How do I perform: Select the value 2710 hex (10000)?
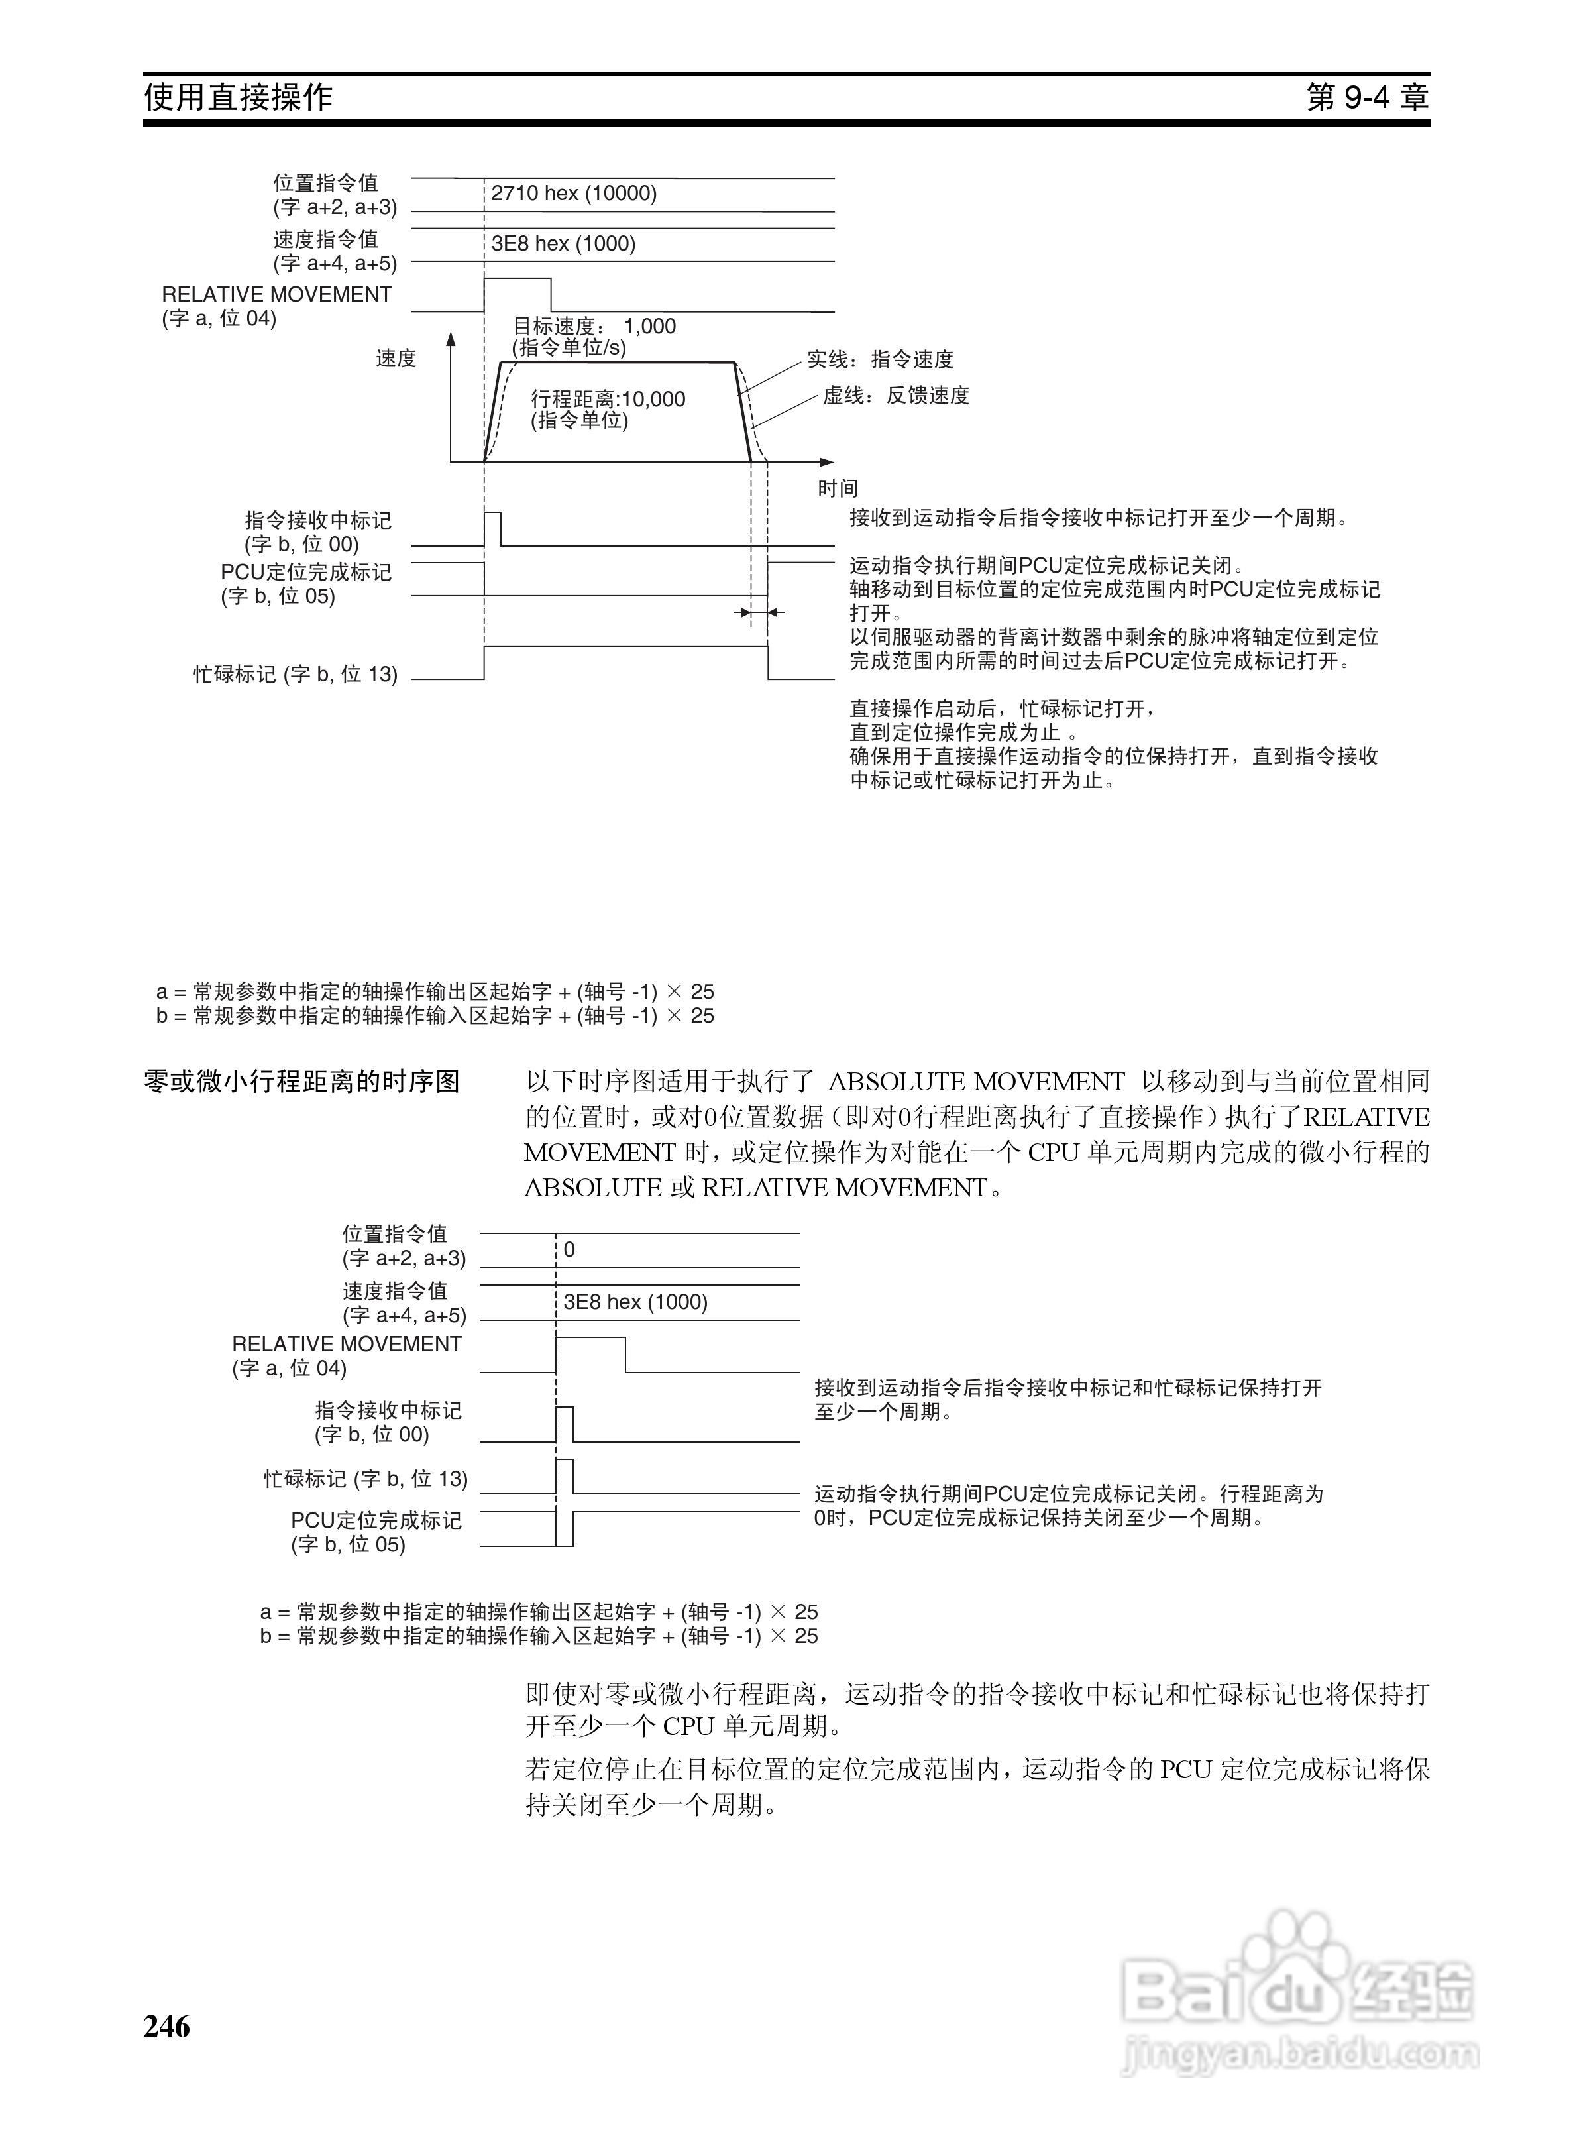tap(574, 194)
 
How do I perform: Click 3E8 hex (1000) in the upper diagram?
tap(563, 245)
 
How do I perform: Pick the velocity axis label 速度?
tap(396, 359)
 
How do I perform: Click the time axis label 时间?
tap(837, 488)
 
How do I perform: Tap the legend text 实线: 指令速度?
tap(880, 360)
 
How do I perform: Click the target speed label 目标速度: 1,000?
tap(594, 327)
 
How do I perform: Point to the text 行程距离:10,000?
tap(608, 400)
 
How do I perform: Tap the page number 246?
tap(167, 2025)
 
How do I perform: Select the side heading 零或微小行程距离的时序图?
tap(301, 1082)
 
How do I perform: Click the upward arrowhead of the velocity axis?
tap(451, 339)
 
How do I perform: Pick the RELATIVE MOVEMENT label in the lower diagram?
tap(347, 1344)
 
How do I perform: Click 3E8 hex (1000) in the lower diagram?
tap(635, 1303)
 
